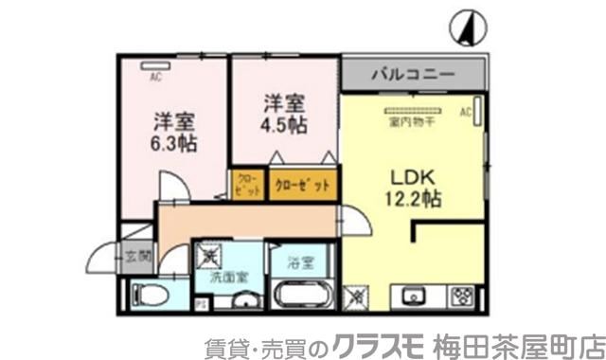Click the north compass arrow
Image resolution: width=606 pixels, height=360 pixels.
point(464,27)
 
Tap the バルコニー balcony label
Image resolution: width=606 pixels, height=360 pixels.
point(413,73)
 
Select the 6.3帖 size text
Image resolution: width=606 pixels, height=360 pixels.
point(173,145)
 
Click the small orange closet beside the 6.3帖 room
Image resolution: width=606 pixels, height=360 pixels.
point(246,184)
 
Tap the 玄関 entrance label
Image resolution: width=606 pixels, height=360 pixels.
point(138,255)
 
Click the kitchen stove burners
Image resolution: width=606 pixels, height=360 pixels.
point(463,297)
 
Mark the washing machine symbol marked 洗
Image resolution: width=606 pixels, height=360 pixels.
point(210,254)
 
